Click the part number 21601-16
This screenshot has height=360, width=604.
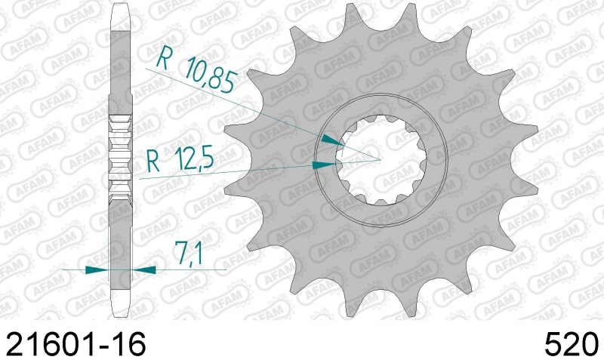76,343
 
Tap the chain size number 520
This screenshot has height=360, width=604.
572,343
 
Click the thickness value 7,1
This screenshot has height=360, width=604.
188,254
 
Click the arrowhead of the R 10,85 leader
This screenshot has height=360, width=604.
332,140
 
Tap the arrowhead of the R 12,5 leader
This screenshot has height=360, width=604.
324,165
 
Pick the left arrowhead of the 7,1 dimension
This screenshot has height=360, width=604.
97,270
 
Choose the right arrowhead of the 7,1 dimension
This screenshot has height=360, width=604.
143,270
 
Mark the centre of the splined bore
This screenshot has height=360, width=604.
381,159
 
